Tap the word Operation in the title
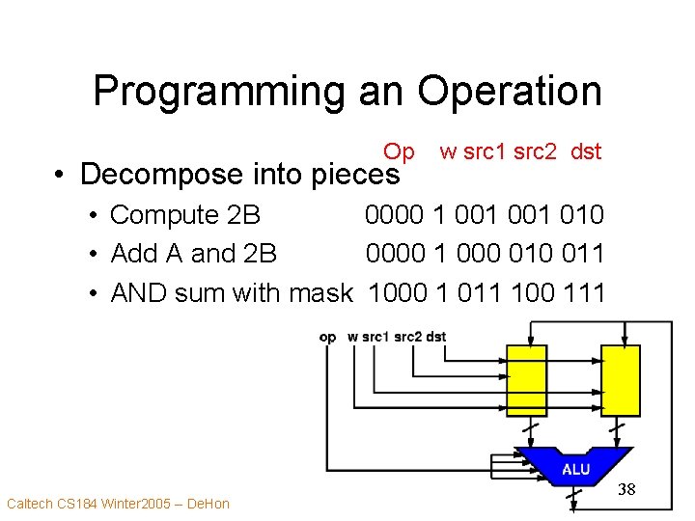coord(510,92)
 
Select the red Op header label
coord(399,151)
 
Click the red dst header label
coord(586,151)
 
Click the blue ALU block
coord(575,467)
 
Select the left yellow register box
coord(526,380)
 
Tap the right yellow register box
coord(621,380)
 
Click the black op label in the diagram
coord(327,337)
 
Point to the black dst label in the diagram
coord(435,337)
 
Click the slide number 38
coord(626,490)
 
